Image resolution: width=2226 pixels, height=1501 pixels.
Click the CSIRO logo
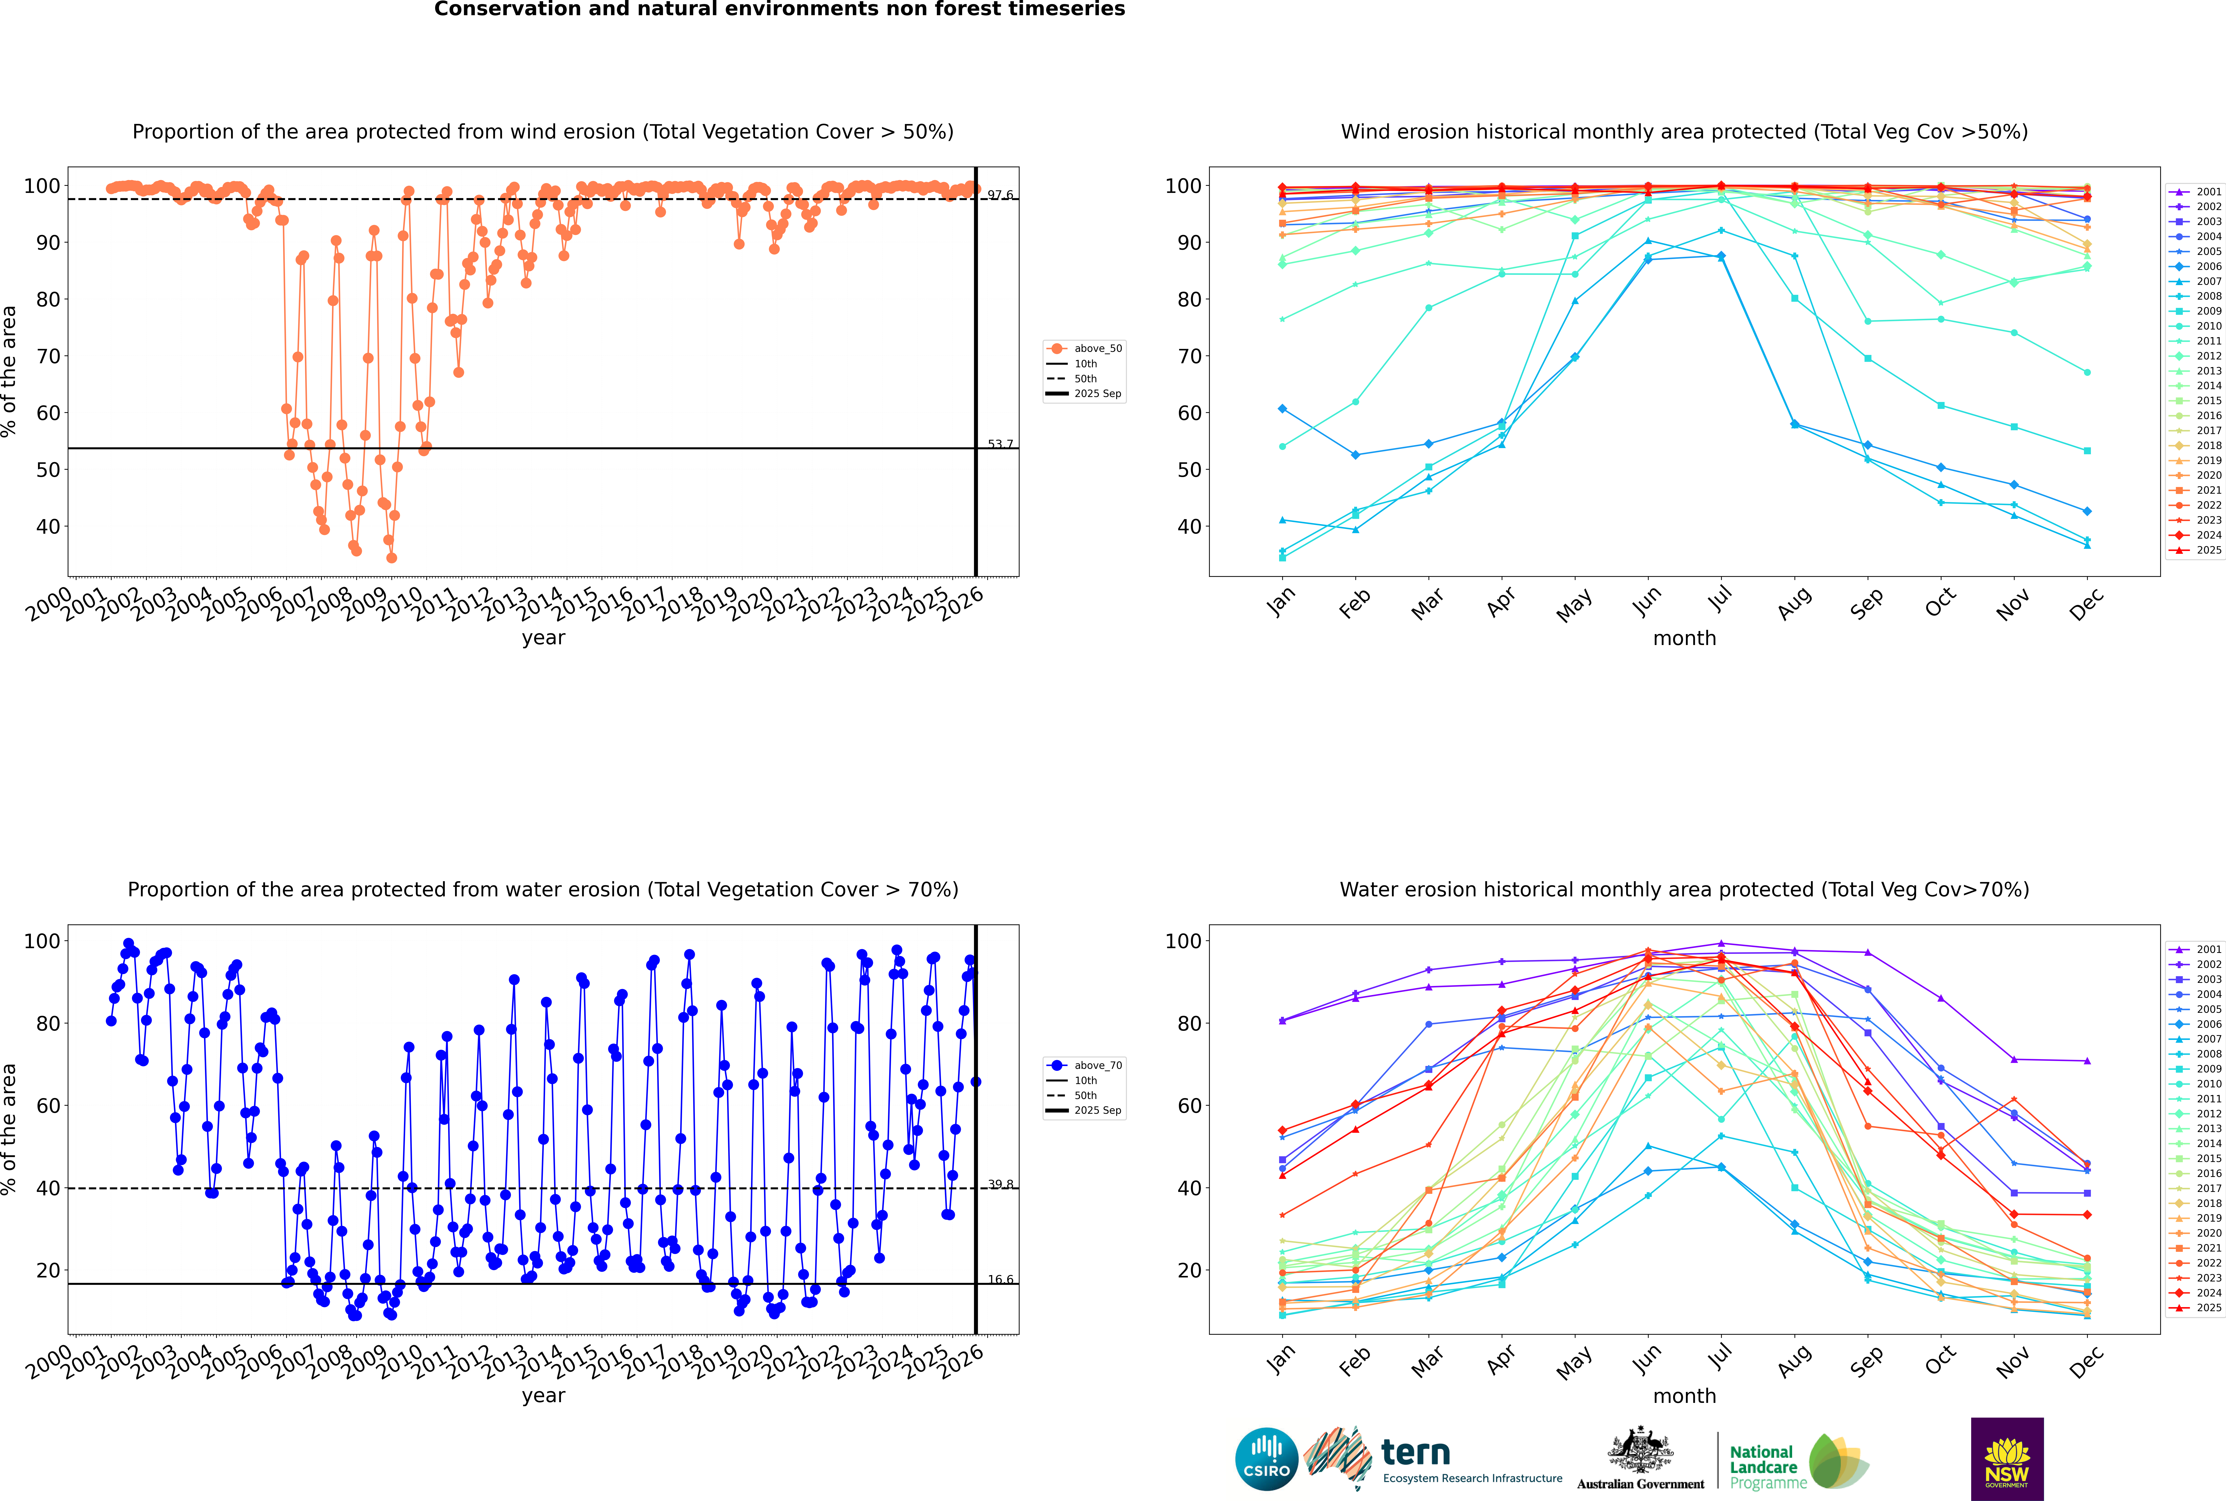[1266, 1459]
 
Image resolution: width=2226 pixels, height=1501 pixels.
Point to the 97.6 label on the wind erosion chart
[1000, 195]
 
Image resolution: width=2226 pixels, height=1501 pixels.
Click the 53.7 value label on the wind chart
[1000, 444]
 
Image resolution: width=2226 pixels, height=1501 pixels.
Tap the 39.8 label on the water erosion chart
[1000, 1184]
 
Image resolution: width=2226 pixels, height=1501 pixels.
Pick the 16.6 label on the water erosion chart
[1000, 1280]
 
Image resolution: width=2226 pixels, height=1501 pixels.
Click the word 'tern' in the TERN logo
[1415, 1453]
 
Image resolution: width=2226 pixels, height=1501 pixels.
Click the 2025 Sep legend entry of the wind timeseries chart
[1097, 393]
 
